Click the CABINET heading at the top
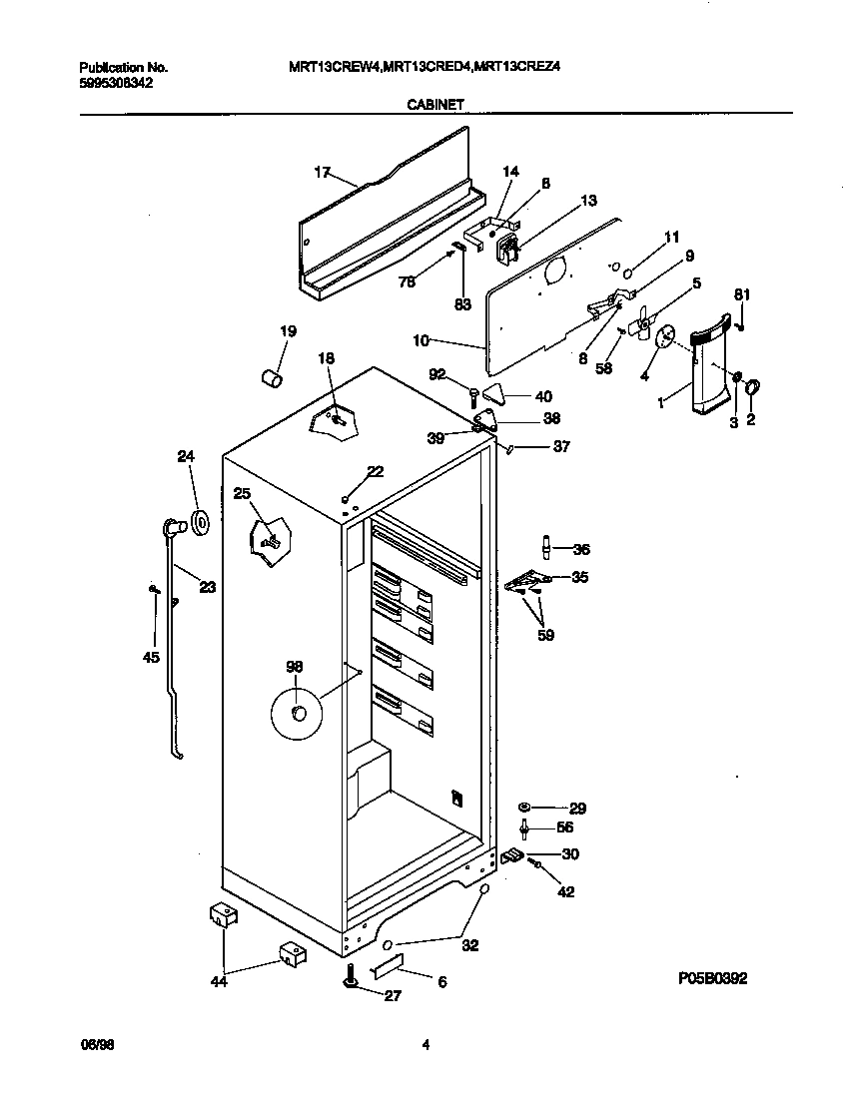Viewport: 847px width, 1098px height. point(433,103)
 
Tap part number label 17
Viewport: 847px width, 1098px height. point(322,173)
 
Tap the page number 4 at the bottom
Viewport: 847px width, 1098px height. point(425,1045)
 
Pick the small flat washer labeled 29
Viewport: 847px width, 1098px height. point(524,807)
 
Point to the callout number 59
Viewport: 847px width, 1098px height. point(544,634)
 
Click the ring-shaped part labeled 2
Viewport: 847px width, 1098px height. point(754,385)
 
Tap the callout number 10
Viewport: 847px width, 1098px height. point(421,340)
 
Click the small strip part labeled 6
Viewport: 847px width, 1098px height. point(388,965)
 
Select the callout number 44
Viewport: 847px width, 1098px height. point(219,982)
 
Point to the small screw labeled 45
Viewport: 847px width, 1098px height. point(154,591)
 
